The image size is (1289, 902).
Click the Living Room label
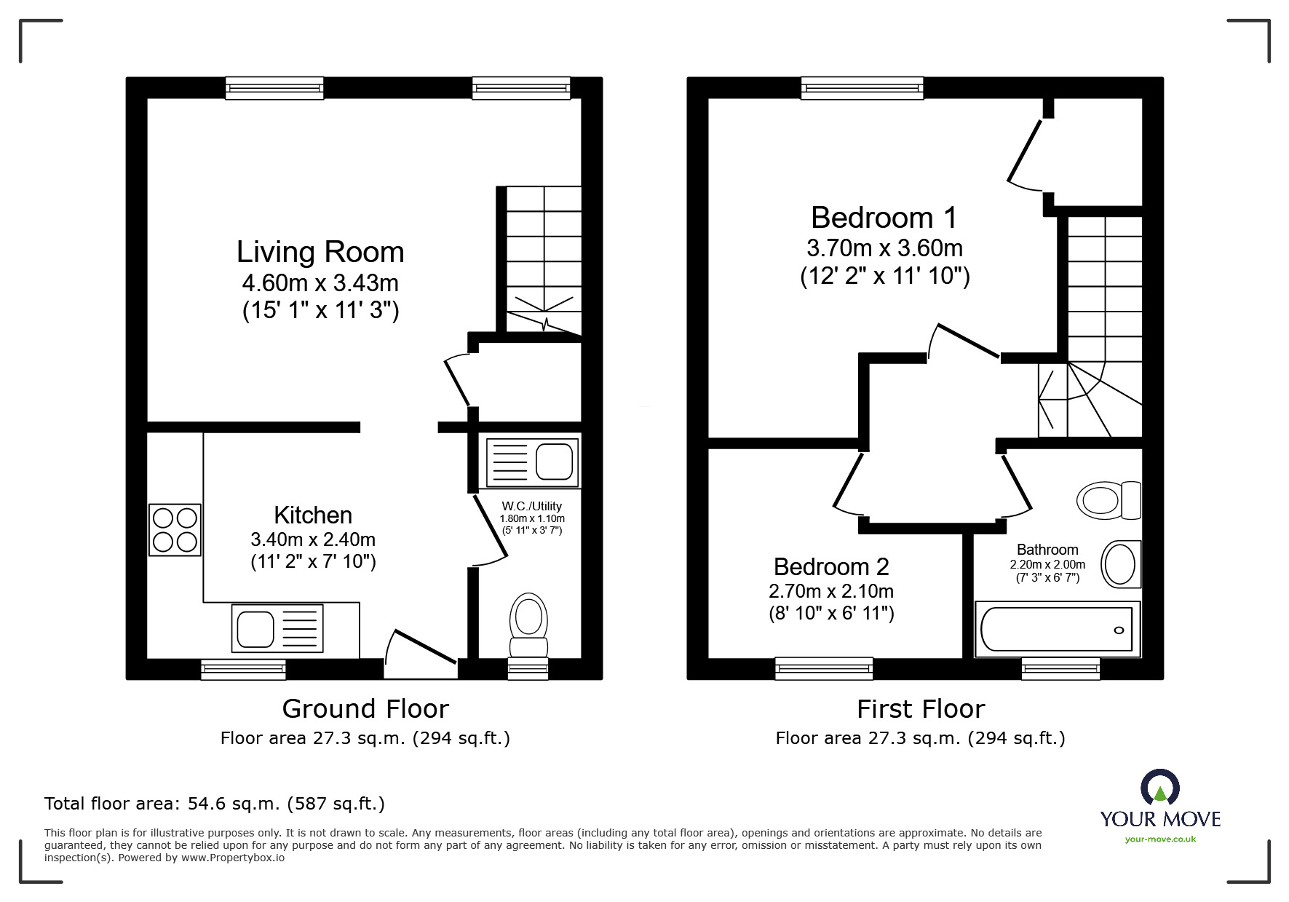pos(320,252)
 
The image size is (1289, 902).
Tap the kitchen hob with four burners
pos(175,530)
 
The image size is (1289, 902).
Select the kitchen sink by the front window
pos(277,628)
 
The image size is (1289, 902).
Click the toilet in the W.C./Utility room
pos(529,625)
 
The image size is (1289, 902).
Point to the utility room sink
pos(532,462)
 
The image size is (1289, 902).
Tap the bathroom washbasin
pos(1121,564)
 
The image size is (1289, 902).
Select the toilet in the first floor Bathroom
pos(1108,499)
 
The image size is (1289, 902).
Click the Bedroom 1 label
pos(884,218)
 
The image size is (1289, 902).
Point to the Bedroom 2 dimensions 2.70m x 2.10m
pos(831,591)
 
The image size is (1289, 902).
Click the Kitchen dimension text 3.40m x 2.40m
pos(313,539)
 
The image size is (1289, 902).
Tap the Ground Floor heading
pos(365,708)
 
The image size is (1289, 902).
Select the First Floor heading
pos(921,708)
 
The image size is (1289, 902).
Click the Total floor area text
pos(215,804)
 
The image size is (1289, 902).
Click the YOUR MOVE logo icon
pos(1160,788)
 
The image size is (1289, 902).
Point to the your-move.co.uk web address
pos(1160,839)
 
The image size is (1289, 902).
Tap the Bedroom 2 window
pos(824,668)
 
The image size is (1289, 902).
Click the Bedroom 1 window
pos(862,88)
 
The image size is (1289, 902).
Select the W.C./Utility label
pos(532,506)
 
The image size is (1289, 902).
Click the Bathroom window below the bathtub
pos(1060,668)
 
